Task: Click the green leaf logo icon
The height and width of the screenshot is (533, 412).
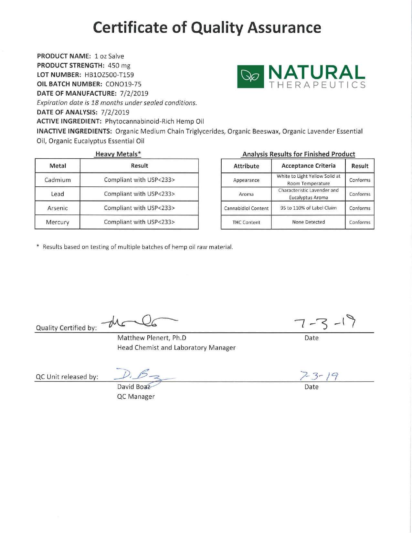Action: tap(251, 77)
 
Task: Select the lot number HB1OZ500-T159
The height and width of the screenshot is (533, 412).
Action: tap(109, 75)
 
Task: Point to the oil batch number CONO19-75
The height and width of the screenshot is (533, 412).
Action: tap(123, 84)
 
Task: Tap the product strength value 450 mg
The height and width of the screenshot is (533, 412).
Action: tap(119, 65)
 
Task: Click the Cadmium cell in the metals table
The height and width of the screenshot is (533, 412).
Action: tap(58, 180)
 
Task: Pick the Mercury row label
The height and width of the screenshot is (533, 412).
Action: tap(58, 222)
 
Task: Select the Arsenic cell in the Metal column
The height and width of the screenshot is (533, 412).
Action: tap(58, 208)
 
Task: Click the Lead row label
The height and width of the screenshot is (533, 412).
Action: tap(58, 194)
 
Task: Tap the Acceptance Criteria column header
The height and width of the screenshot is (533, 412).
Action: tap(308, 166)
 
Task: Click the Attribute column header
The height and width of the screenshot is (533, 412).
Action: tap(246, 166)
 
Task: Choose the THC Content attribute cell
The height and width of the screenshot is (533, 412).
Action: tap(246, 222)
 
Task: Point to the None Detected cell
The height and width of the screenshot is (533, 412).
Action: tap(308, 222)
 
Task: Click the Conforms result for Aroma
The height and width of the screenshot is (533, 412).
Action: tap(360, 194)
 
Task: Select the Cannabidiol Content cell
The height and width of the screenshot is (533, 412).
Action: tap(246, 208)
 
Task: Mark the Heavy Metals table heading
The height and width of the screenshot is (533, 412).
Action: tap(118, 154)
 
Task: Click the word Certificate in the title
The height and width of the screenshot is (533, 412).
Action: tap(130, 27)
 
